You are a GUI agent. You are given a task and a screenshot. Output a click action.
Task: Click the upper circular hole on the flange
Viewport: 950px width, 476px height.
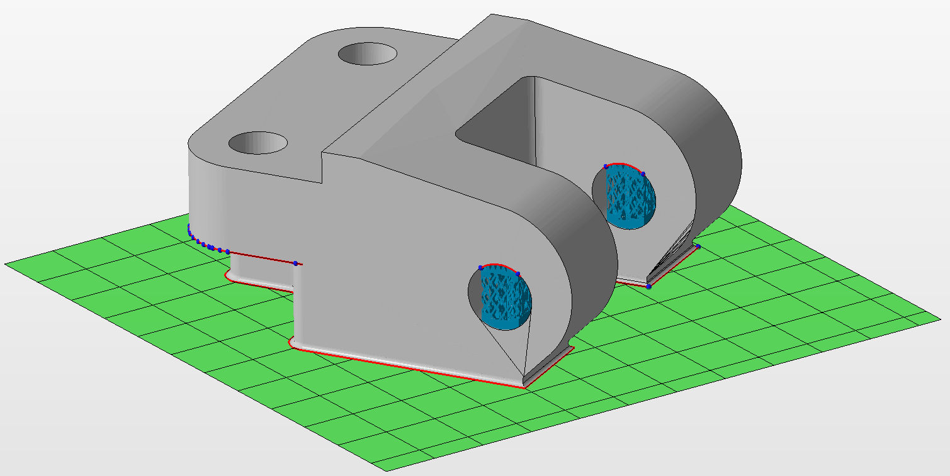[367, 54]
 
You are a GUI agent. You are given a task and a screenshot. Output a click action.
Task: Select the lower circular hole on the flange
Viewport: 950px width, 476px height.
[257, 143]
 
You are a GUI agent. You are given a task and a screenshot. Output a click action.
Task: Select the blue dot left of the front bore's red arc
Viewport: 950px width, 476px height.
[480, 267]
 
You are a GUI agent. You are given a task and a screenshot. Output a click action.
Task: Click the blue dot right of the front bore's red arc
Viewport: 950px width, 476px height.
[518, 274]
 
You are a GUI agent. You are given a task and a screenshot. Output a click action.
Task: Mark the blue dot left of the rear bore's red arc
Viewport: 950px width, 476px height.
[606, 167]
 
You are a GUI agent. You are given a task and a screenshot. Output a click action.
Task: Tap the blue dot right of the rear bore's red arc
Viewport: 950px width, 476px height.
[643, 174]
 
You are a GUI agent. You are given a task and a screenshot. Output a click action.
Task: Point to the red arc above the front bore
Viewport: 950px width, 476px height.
[499, 265]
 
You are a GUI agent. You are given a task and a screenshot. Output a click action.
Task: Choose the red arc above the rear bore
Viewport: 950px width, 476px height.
[623, 164]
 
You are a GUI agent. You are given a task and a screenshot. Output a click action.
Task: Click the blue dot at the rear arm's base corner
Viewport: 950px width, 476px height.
[648, 286]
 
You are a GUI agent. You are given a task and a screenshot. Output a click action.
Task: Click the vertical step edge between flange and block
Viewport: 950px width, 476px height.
[322, 167]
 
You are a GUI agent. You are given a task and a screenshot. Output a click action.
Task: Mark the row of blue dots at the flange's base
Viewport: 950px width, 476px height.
[208, 245]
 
